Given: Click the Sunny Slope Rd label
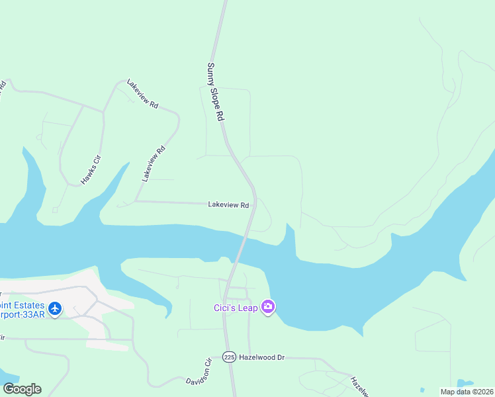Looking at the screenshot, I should [216, 91].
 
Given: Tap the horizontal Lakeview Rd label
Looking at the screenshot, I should [228, 205].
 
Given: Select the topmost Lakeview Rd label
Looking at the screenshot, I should [144, 95].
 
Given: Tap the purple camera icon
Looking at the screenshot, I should [268, 307].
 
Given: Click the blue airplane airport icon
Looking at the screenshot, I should [55, 309].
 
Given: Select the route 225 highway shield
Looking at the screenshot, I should [229, 357].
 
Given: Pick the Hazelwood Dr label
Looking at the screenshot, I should [261, 357].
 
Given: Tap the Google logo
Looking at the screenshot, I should [22, 389].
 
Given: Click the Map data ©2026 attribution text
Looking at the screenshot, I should [467, 392].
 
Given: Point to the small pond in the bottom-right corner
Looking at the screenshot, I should [465, 384].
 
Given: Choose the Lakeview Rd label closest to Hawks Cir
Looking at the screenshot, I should [153, 163].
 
